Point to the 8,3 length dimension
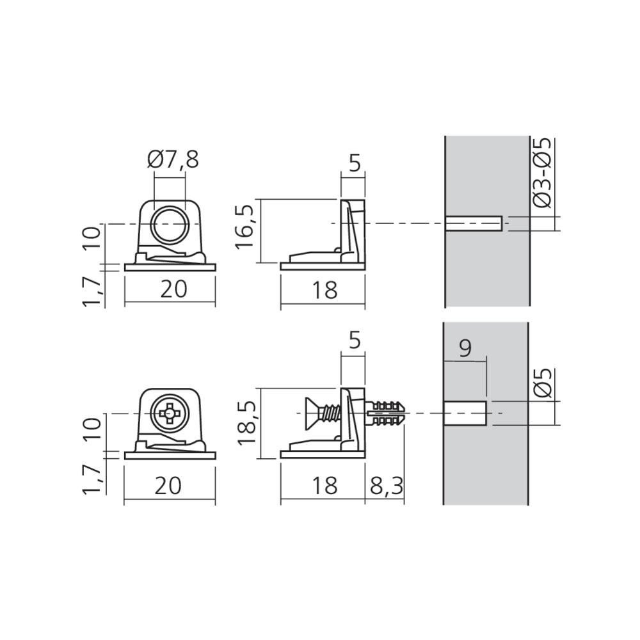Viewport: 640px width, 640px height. coord(386,486)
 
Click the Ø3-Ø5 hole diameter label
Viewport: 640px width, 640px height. coord(543,173)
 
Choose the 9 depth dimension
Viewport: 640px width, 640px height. coord(465,348)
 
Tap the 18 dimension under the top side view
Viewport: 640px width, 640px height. coord(325,290)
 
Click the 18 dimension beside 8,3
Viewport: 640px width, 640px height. coord(325,486)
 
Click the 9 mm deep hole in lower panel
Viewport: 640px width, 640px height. coord(465,413)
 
